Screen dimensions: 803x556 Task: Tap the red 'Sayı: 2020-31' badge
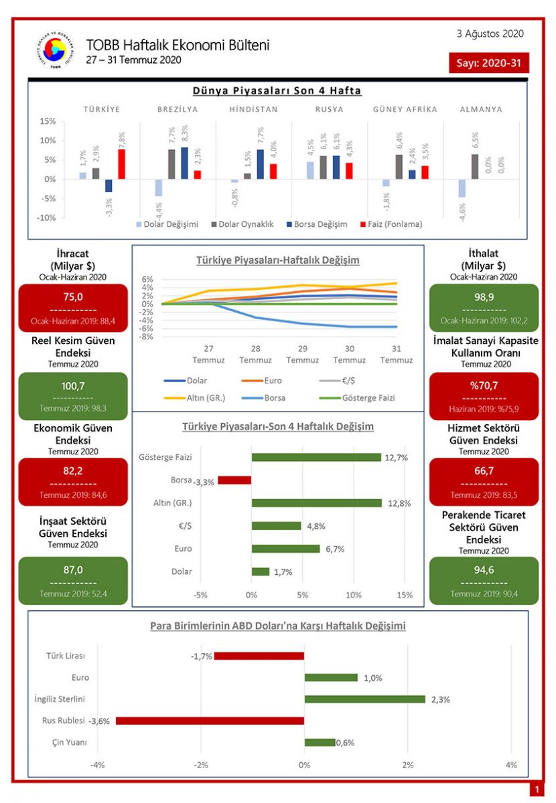488,63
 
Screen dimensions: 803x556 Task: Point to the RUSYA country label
329,109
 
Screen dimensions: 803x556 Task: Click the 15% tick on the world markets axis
47,121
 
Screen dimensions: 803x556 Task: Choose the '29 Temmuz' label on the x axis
302,354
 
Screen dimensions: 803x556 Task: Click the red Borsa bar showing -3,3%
234,480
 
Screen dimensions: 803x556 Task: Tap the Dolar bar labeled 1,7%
260,571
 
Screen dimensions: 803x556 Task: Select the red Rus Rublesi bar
210,721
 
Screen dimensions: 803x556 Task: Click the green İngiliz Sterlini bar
364,699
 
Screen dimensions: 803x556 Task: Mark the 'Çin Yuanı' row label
69,742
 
